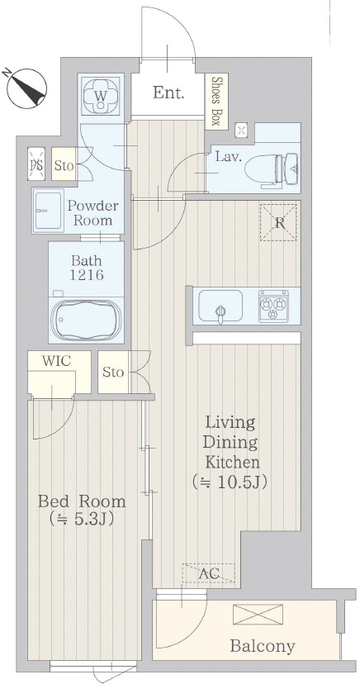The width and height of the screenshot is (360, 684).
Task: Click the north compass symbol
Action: tap(26, 88)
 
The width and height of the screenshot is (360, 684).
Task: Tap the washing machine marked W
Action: tap(101, 96)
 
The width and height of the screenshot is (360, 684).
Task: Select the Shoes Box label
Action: tap(216, 102)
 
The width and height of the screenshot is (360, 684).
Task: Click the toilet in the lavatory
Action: tap(272, 170)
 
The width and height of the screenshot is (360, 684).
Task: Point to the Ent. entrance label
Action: tap(168, 92)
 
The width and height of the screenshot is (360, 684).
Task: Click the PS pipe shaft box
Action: tap(36, 164)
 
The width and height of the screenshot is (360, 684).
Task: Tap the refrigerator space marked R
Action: tap(278, 222)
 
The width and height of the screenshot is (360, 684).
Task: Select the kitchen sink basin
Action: tap(220, 306)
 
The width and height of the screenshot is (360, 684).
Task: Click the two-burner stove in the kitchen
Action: tap(273, 306)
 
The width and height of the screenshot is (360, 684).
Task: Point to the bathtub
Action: tap(87, 320)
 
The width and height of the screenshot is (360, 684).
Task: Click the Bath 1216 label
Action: tap(87, 268)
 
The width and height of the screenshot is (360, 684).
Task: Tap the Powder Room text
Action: tap(92, 212)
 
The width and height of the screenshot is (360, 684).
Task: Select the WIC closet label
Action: tap(57, 361)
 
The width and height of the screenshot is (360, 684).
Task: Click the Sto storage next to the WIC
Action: tap(113, 372)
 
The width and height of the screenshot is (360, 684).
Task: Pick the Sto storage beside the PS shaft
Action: tap(64, 165)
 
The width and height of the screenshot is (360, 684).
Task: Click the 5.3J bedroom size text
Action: tap(82, 519)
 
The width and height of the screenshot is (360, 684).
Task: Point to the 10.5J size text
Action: tap(230, 482)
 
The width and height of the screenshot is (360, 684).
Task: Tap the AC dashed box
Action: tap(209, 573)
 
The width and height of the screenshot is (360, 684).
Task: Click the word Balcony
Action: tap(263, 646)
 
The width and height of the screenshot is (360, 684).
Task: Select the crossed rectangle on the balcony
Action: tap(258, 615)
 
